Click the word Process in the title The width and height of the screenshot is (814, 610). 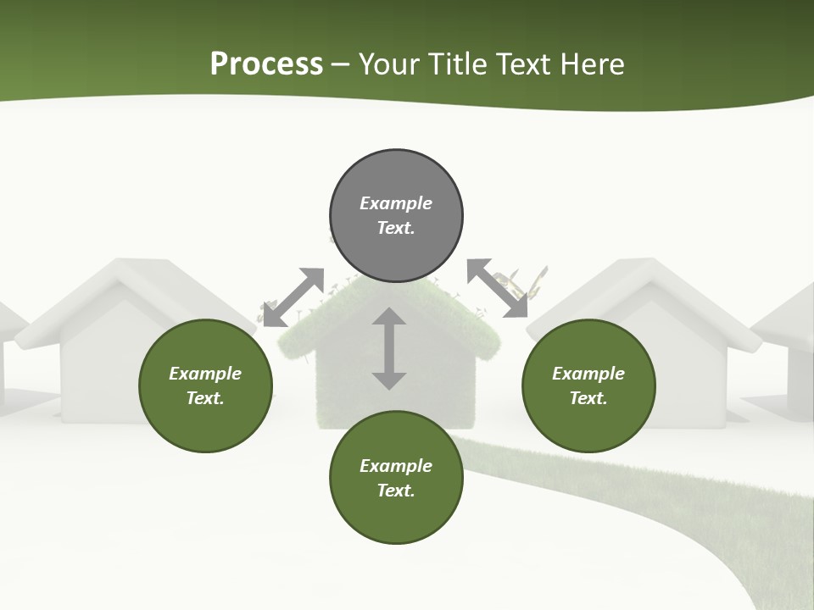266,64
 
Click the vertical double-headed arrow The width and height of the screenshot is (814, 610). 389,348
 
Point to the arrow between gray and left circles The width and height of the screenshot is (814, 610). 293,297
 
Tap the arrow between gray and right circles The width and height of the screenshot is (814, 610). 498,288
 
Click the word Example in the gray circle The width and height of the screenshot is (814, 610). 396,203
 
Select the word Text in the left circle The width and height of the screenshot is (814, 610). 204,398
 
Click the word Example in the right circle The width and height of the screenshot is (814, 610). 588,374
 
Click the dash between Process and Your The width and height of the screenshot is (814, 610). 340,65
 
